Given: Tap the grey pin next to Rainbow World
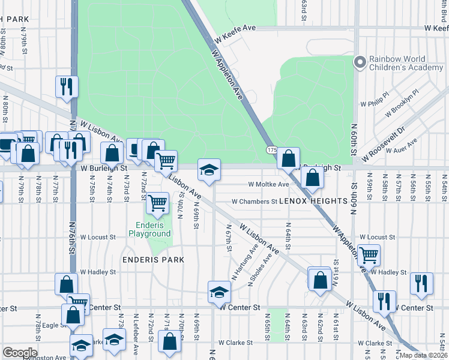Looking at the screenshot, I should [x=360, y=61].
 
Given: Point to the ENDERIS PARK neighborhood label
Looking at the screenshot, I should [x=152, y=260].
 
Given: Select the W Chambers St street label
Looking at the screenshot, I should [x=255, y=202].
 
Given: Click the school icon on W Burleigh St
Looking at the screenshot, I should [x=209, y=170].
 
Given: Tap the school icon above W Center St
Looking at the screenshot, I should [x=219, y=292].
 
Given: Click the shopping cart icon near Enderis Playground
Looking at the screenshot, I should [x=157, y=203].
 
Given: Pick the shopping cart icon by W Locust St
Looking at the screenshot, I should [x=369, y=254].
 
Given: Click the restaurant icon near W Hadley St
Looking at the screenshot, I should [x=421, y=283].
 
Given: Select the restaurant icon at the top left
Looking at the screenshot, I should [x=67, y=86].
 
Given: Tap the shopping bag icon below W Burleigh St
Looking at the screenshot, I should [x=313, y=177].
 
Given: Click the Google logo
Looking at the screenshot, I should [x=20, y=353].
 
